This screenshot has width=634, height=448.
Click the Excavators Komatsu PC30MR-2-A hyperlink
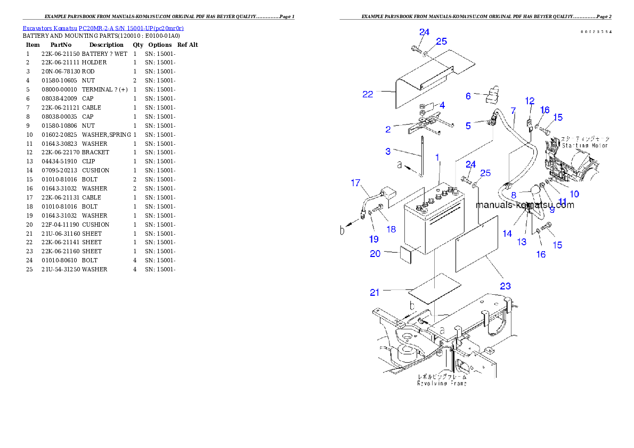point(103,28)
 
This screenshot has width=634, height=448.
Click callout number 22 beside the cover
point(368,94)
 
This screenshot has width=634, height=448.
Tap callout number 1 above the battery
point(437,157)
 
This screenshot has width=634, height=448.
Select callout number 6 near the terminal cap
point(468,96)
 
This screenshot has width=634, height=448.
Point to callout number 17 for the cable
point(355,183)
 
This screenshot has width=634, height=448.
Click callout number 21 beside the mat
point(375,292)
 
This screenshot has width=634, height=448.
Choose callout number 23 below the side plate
point(505,286)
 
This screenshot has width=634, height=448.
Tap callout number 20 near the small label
point(376,254)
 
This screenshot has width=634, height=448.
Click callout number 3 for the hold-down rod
point(388,152)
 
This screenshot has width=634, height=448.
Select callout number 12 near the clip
point(529,101)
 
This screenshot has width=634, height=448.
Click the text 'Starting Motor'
point(584,145)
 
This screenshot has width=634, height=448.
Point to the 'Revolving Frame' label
point(442,383)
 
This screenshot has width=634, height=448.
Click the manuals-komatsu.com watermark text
point(524,205)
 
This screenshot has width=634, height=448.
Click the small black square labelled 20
point(406,254)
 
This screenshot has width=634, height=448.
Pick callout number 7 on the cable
point(513,111)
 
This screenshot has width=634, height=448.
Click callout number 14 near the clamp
point(507,233)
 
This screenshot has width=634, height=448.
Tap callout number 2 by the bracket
point(388,129)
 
